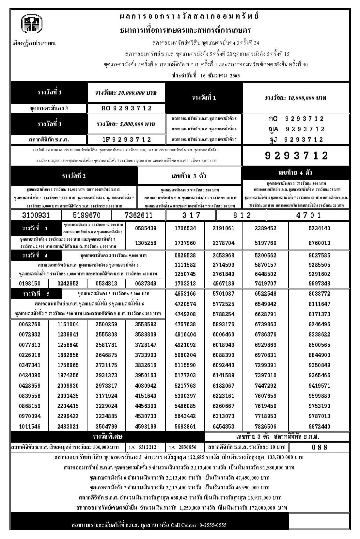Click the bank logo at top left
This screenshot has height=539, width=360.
[x=32, y=25]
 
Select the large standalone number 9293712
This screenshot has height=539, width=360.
[x=296, y=155]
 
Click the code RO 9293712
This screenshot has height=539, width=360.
[x=127, y=108]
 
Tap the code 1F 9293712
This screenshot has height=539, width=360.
[x=127, y=139]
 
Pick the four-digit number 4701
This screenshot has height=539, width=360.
[x=308, y=215]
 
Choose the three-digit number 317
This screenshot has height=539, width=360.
[x=191, y=215]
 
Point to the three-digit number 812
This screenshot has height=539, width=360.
[x=242, y=215]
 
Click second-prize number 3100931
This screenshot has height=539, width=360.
[x=36, y=215]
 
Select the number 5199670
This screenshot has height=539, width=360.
[x=87, y=215]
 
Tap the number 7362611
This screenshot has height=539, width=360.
[x=139, y=215]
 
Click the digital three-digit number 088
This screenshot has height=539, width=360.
[x=320, y=447]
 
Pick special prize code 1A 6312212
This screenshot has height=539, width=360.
[x=143, y=447]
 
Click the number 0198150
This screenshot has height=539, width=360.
[x=30, y=284]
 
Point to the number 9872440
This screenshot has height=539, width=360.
[x=319, y=427]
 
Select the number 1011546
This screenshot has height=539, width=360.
[x=30, y=427]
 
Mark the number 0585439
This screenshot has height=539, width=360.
[x=146, y=228]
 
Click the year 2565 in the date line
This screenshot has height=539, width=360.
[x=235, y=75]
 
